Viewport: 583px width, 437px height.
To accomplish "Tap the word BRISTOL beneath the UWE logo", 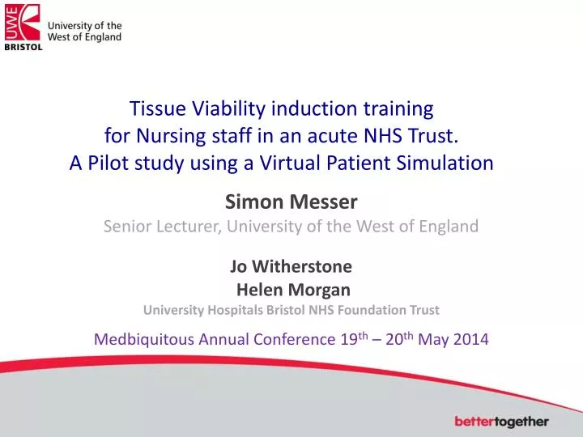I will (23, 47).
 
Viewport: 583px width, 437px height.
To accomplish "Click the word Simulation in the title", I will (449, 163).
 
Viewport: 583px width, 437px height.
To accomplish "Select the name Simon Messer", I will (291, 202).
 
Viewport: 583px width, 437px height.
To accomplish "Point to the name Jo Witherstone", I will (291, 265).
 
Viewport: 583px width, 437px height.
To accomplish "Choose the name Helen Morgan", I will (292, 289).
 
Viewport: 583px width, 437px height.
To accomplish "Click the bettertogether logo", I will (501, 422).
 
